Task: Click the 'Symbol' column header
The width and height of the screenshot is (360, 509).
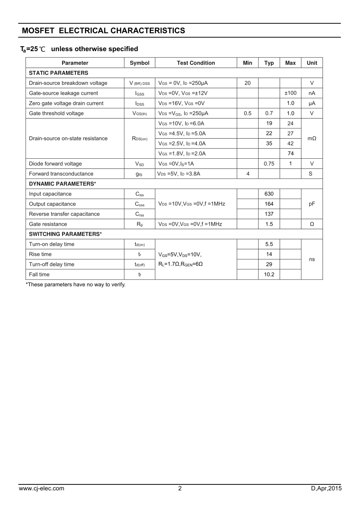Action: [x=139, y=63]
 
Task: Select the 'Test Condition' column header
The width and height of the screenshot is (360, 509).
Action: [x=196, y=63]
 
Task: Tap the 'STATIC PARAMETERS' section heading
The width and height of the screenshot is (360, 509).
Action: [x=58, y=73]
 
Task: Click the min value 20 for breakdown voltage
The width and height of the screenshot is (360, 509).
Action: [x=247, y=83]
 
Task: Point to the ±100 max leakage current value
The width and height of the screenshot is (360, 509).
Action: [x=290, y=93]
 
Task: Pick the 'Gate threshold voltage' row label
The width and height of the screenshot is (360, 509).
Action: [x=56, y=113]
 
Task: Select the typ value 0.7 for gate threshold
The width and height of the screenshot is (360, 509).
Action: [x=269, y=113]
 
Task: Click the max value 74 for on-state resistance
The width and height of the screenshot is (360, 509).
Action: [x=291, y=153]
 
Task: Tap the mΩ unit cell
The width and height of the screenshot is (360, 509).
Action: [x=312, y=139]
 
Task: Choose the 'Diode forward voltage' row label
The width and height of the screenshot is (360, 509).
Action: [x=55, y=164]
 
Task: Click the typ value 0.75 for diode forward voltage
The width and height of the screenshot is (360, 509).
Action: [x=269, y=164]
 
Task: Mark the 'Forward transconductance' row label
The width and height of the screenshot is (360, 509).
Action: [x=61, y=174]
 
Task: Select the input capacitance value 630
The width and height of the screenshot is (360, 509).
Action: [x=269, y=194]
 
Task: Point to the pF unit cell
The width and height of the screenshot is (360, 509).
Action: [x=312, y=204]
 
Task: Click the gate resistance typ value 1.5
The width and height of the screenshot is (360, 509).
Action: [x=269, y=224]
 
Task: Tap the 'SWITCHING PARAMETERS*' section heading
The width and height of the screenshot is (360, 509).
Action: [x=65, y=234]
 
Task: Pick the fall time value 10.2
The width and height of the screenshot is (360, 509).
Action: [x=269, y=275]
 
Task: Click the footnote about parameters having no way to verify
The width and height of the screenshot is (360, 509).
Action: [x=75, y=284]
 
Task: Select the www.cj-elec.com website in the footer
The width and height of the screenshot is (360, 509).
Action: [x=42, y=488]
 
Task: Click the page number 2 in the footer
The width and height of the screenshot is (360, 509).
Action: [x=180, y=488]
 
